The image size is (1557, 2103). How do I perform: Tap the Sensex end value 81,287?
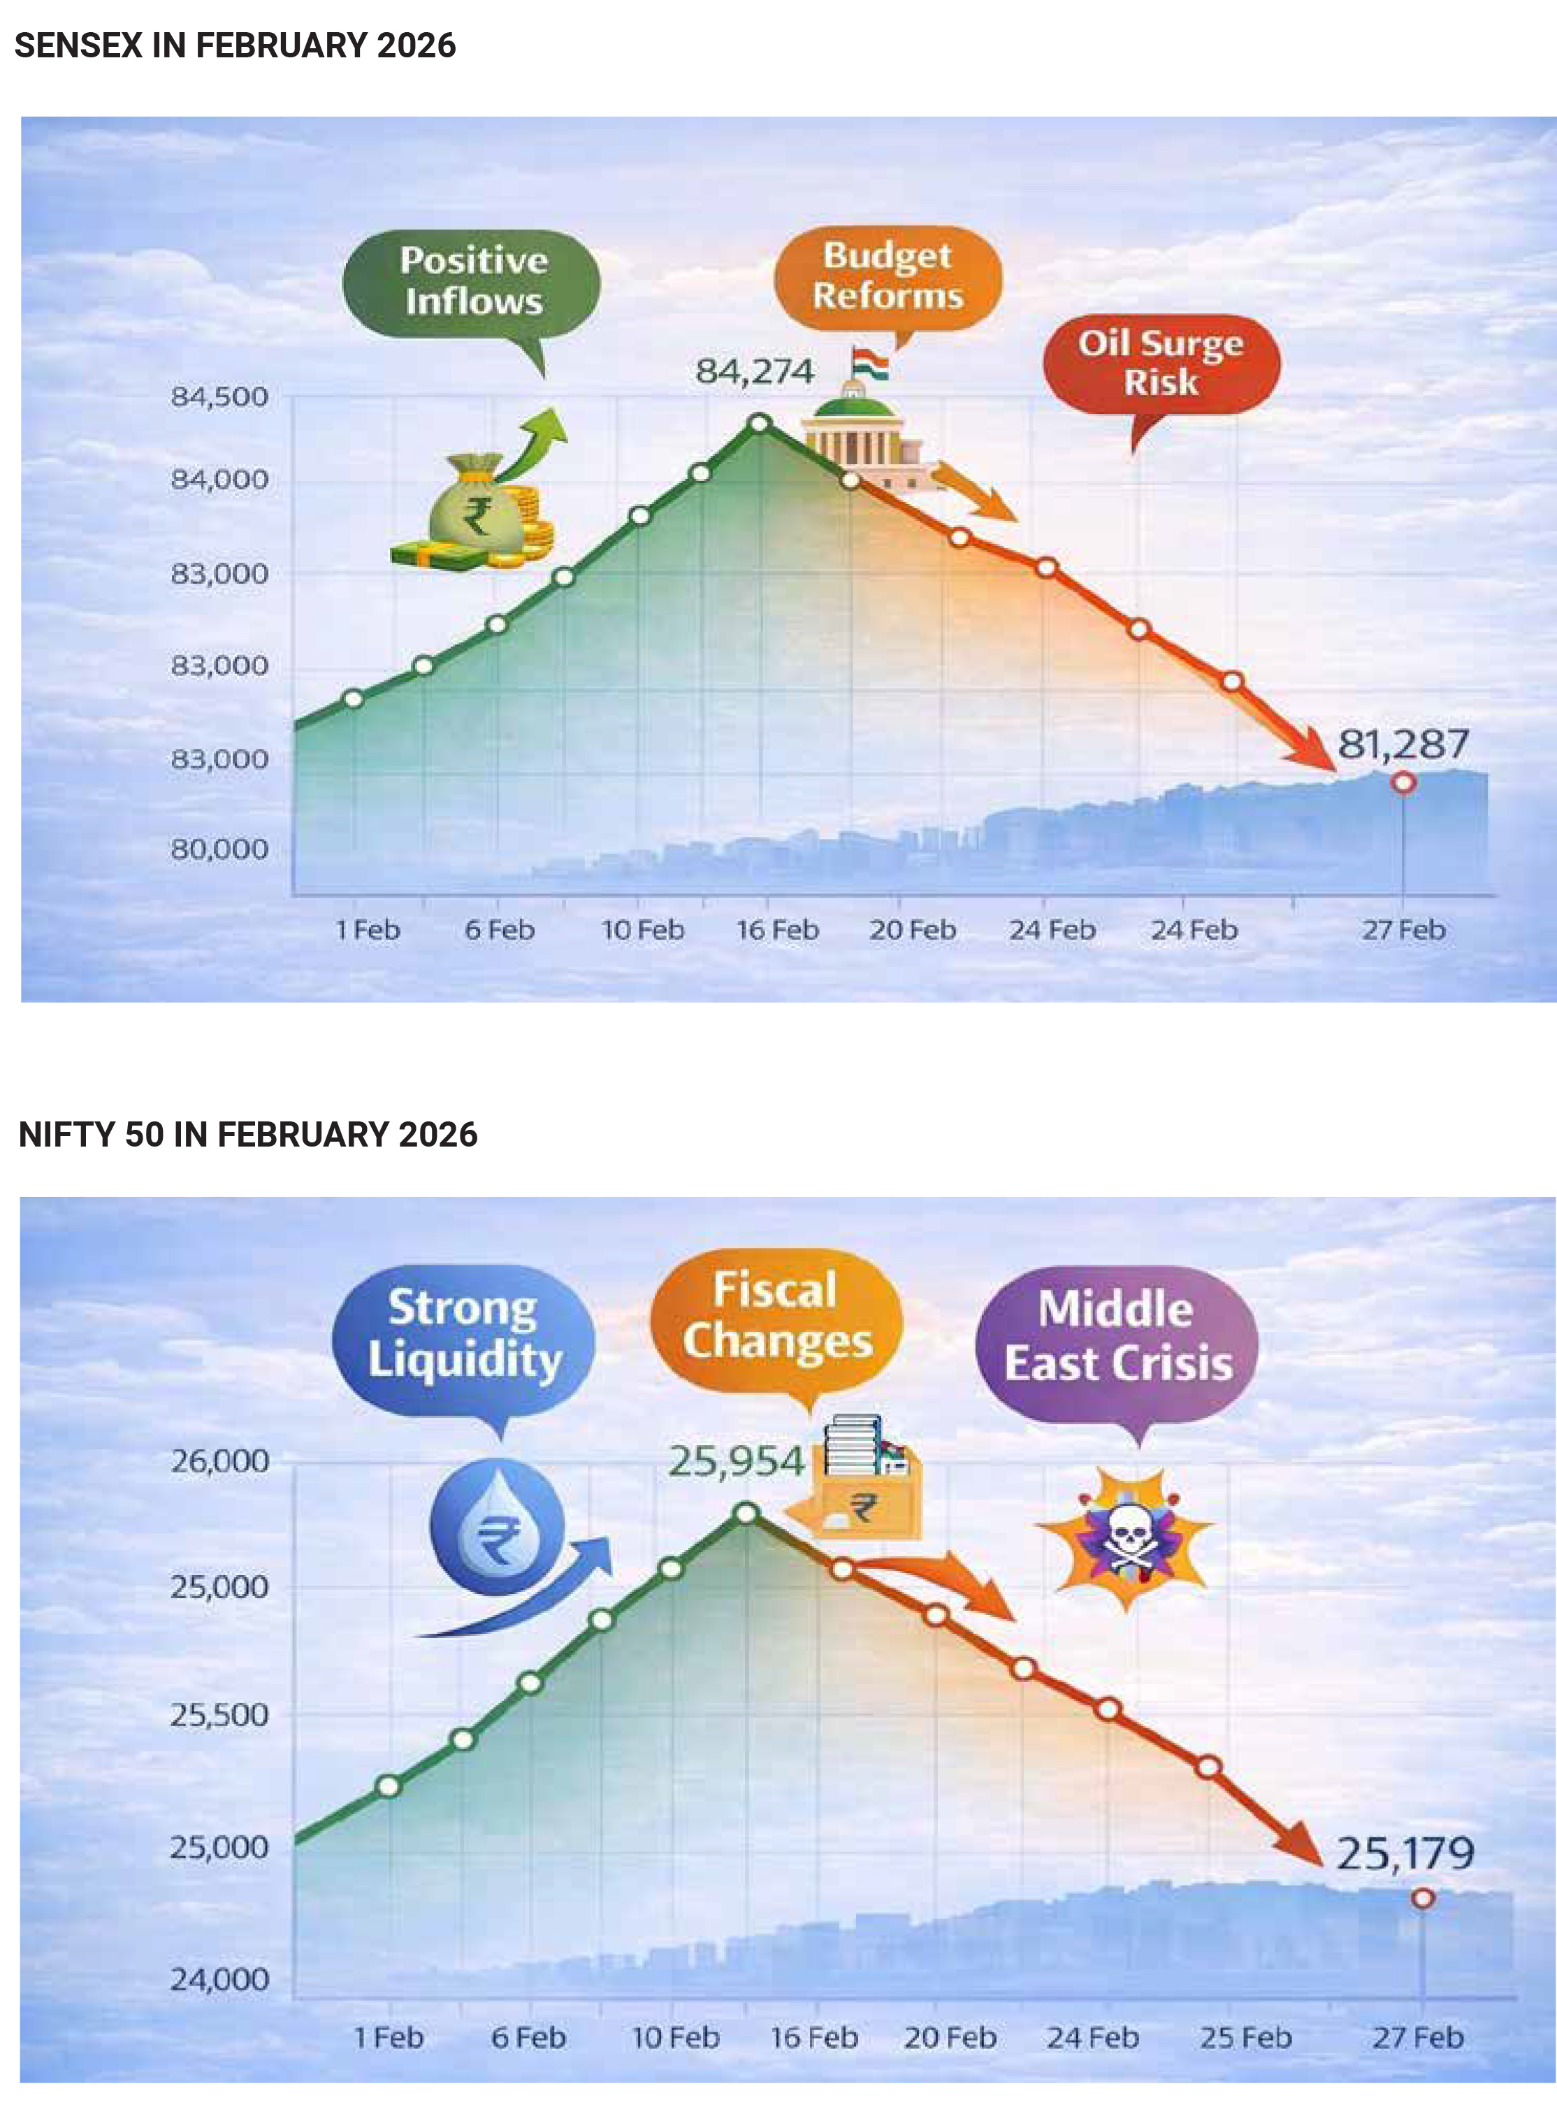(x=1403, y=745)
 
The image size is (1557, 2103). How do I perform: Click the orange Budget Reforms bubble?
(x=888, y=276)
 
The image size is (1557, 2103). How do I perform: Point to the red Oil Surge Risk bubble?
(x=1161, y=363)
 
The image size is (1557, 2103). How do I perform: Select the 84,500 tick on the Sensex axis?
(x=219, y=397)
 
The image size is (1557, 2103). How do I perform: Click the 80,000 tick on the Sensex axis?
(x=219, y=850)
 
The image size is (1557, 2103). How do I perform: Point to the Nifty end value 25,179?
(x=1405, y=1854)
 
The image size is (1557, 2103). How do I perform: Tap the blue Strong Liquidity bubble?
(x=464, y=1334)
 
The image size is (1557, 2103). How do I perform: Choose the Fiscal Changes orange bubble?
(x=776, y=1317)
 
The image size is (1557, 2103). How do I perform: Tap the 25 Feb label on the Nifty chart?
(x=1245, y=2039)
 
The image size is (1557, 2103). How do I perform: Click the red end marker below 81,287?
(x=1403, y=782)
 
